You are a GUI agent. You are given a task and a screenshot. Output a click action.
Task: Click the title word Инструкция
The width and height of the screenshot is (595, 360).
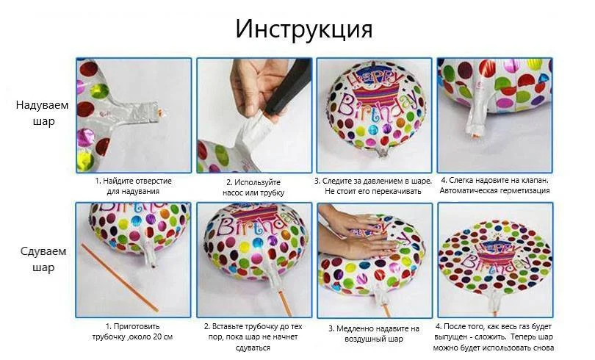(303, 29)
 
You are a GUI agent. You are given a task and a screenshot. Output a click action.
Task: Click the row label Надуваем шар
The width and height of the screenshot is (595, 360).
(42, 113)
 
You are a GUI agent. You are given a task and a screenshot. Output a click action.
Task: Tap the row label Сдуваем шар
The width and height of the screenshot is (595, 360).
(43, 259)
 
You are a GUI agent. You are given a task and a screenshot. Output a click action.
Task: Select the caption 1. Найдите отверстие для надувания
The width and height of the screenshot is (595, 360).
(133, 186)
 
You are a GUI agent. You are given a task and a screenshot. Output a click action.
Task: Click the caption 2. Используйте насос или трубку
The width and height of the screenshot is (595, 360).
(253, 187)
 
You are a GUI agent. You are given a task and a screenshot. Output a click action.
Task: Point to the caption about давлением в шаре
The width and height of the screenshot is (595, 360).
(373, 186)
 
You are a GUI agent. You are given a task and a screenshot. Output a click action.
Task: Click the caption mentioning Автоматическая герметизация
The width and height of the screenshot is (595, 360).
(495, 185)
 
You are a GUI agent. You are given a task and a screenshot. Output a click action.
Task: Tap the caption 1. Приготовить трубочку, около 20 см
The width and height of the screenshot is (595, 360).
(132, 331)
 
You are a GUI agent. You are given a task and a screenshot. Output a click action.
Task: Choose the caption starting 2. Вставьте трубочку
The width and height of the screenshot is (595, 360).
(253, 337)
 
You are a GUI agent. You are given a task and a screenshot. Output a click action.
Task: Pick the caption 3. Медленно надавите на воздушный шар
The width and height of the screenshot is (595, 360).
(374, 334)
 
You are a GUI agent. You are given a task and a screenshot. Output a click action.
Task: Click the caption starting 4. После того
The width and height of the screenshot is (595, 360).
(494, 337)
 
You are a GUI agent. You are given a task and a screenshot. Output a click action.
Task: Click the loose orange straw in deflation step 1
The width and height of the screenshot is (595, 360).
(119, 277)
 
